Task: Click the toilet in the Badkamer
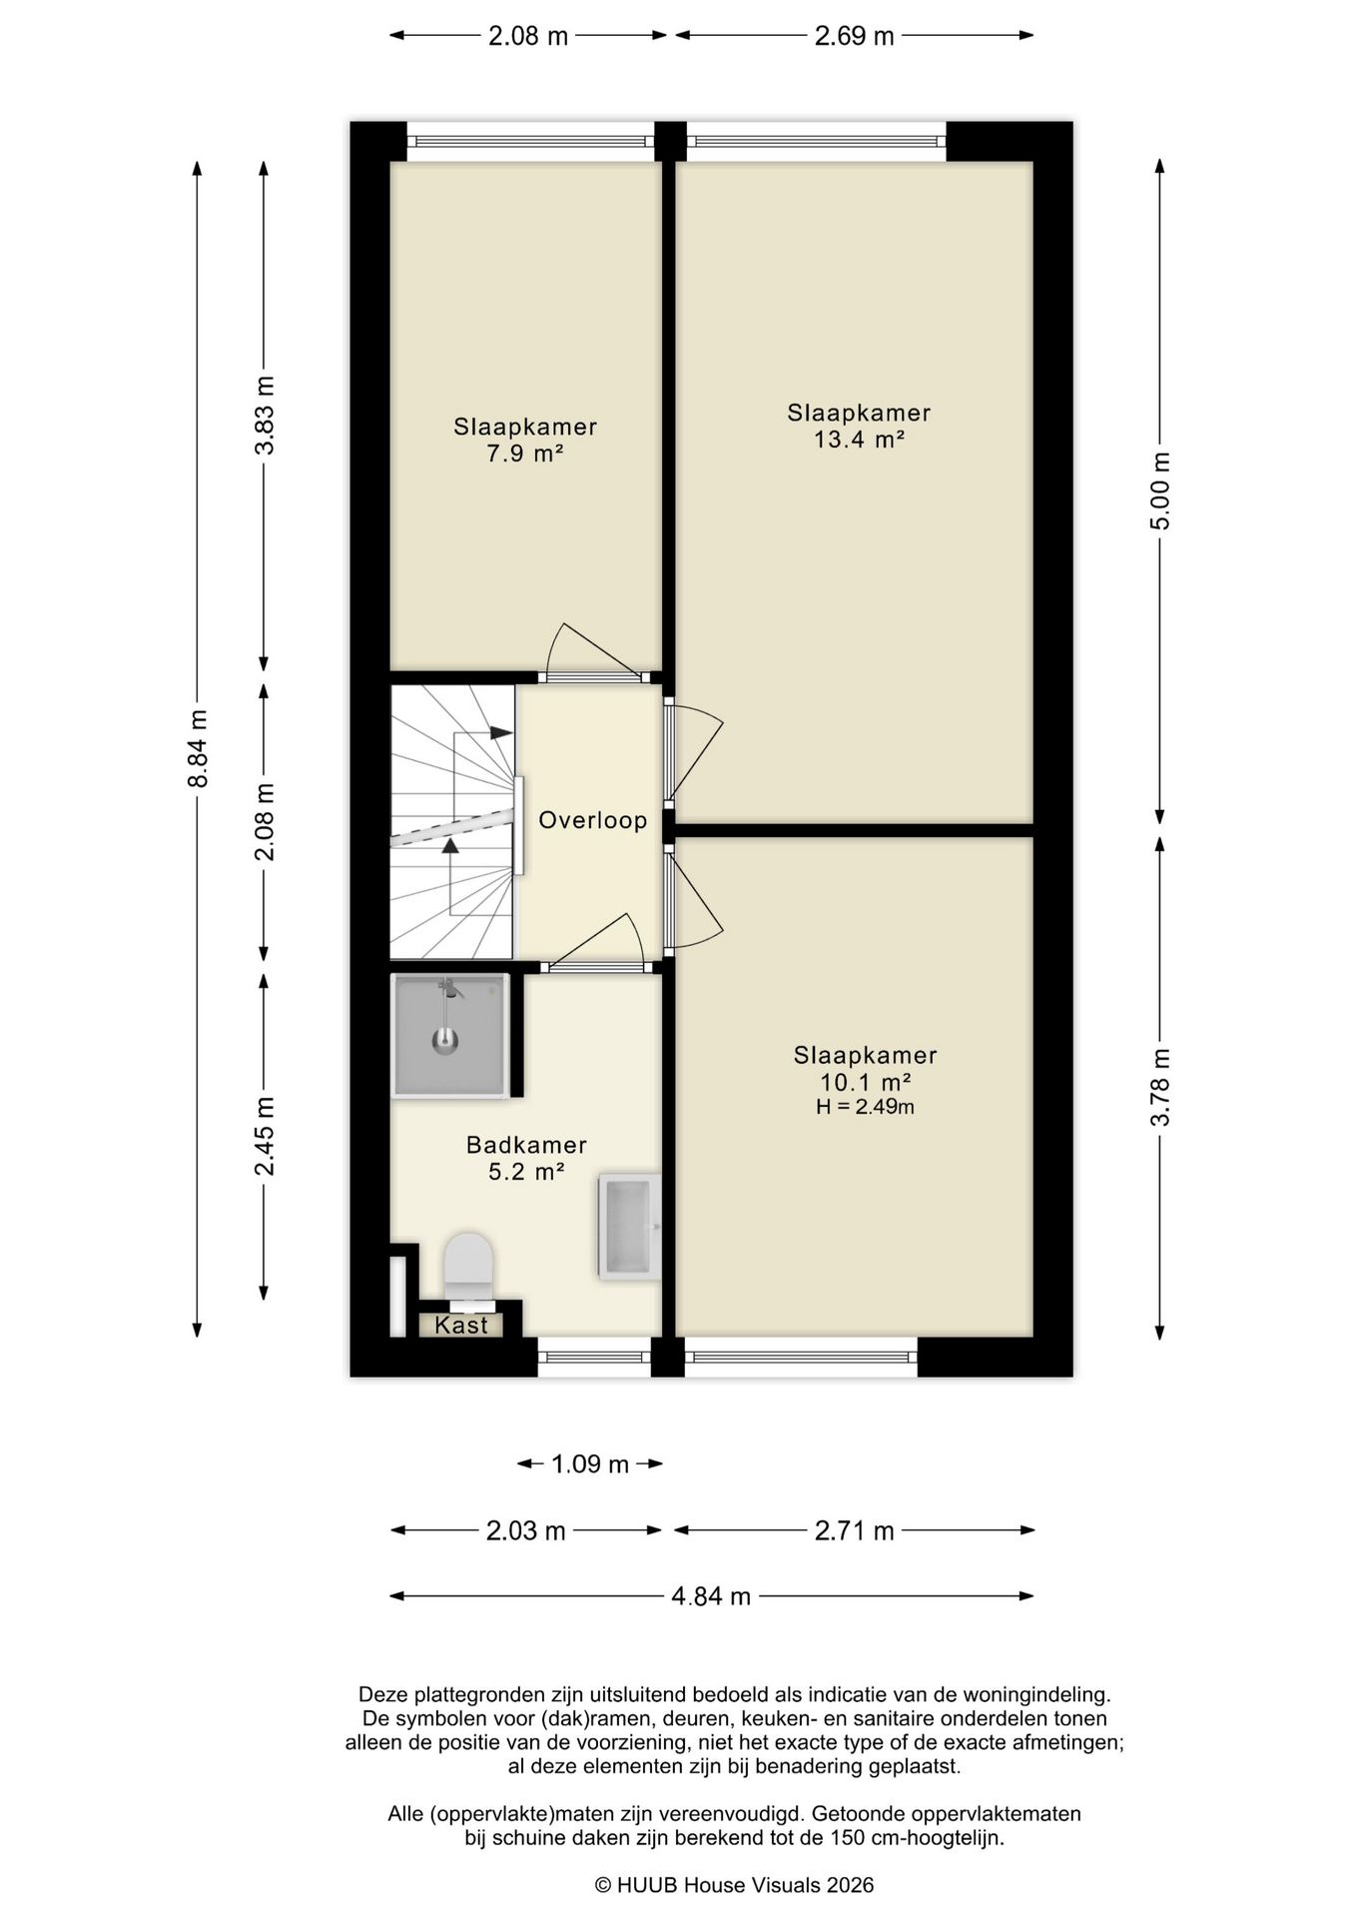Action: pyautogui.click(x=468, y=1271)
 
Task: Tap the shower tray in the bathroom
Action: pyautogui.click(x=450, y=1036)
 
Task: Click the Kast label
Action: pyautogui.click(x=461, y=1325)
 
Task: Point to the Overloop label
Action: pyautogui.click(x=593, y=820)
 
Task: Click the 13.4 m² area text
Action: pyautogui.click(x=859, y=439)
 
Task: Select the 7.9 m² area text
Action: pyautogui.click(x=525, y=454)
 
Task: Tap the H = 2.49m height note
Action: pyautogui.click(x=865, y=1107)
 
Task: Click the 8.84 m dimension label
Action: pyautogui.click(x=198, y=748)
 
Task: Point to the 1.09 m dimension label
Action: pyautogui.click(x=590, y=1464)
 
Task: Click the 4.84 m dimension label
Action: pyautogui.click(x=711, y=1596)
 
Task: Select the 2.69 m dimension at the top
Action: pyautogui.click(x=855, y=37)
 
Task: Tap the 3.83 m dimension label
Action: pyautogui.click(x=265, y=416)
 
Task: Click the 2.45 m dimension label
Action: pyautogui.click(x=265, y=1137)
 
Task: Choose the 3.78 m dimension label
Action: pyautogui.click(x=1159, y=1087)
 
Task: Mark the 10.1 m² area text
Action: pyautogui.click(x=865, y=1082)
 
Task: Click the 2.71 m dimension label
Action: pyautogui.click(x=855, y=1530)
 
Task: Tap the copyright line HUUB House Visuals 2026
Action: pyautogui.click(x=734, y=1885)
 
